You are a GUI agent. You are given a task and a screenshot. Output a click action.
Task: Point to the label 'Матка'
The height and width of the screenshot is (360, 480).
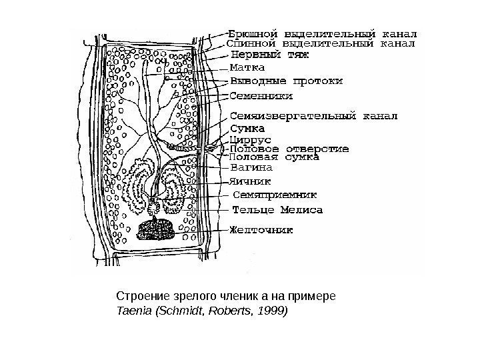(x=247, y=68)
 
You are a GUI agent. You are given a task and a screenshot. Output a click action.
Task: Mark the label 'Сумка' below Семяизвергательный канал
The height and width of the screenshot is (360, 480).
(x=247, y=128)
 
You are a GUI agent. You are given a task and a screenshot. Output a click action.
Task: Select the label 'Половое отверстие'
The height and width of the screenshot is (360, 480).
(x=289, y=149)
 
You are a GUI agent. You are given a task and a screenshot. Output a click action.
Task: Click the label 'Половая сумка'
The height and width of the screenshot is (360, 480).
(x=274, y=159)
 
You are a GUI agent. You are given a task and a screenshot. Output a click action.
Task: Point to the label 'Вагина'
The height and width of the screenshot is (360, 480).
(x=247, y=169)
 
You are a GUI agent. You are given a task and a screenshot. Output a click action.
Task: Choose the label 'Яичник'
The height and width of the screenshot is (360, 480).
(x=249, y=180)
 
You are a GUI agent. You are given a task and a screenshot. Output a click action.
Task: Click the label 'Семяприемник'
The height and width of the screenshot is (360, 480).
(x=275, y=195)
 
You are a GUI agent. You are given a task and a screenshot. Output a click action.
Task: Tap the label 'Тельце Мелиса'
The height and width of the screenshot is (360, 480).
(x=277, y=210)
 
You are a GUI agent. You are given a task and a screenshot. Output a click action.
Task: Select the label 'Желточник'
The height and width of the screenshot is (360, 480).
(x=261, y=232)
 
